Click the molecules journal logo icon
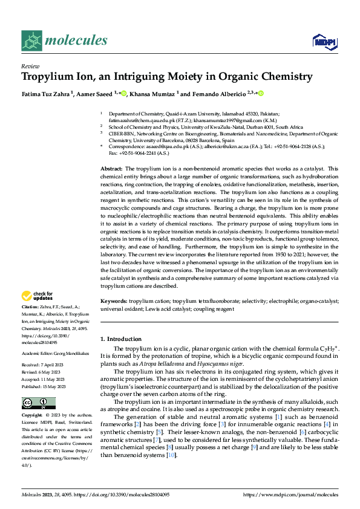33,41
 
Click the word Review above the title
30,66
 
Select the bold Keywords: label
114,300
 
